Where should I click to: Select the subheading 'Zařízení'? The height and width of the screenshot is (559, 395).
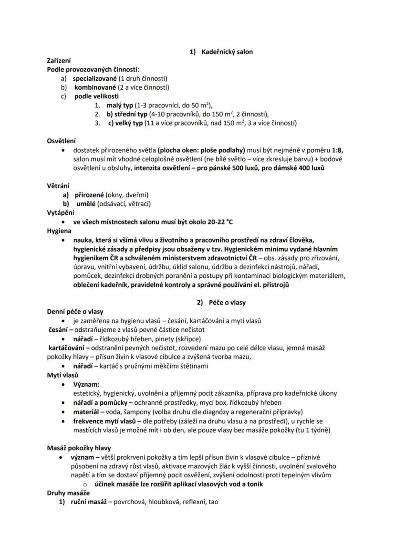59,61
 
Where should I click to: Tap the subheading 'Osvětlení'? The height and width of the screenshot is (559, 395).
61,141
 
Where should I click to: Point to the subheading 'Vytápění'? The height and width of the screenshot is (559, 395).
61,213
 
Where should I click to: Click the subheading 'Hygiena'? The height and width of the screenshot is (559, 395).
59,231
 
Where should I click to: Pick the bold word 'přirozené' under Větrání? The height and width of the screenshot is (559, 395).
89,195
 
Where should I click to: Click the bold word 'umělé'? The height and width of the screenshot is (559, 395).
86,204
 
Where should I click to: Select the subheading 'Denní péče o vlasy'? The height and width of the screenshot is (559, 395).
75,312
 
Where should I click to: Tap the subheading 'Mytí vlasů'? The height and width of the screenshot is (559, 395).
62,375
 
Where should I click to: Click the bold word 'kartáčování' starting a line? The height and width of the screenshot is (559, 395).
66,348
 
